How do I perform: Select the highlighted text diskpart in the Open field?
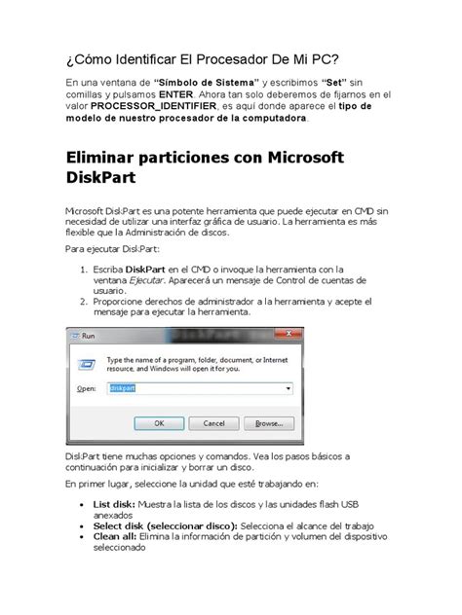pyautogui.click(x=124, y=387)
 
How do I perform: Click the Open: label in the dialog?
pyautogui.click(x=87, y=387)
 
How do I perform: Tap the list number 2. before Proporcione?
pyautogui.click(x=83, y=303)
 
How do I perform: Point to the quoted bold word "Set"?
pyautogui.click(x=337, y=82)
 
